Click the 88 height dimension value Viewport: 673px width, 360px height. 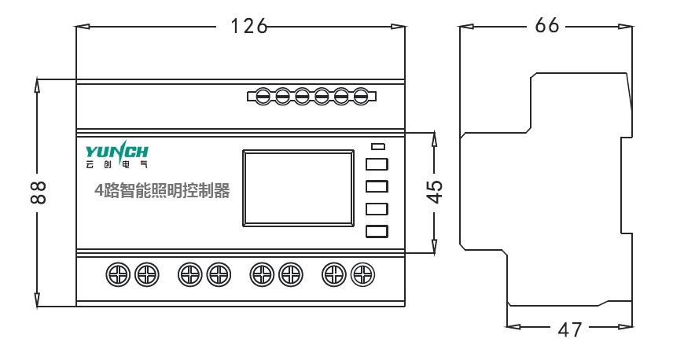click(x=36, y=193)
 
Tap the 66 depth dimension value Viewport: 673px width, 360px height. click(x=547, y=25)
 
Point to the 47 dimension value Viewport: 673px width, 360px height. click(x=570, y=329)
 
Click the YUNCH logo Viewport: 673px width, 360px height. click(x=116, y=150)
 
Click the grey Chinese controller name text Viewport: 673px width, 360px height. click(x=162, y=190)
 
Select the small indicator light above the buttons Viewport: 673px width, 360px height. click(x=377, y=146)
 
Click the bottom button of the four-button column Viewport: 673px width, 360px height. click(x=377, y=231)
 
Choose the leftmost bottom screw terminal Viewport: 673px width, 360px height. click(x=117, y=274)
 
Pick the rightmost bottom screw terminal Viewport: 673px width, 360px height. click(x=362, y=274)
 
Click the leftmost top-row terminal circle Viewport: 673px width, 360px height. click(x=264, y=96)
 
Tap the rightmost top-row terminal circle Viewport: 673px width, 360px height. click(x=361, y=96)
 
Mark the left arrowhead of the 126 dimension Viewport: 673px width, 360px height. click(x=82, y=26)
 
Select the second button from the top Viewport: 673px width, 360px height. click(x=377, y=186)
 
